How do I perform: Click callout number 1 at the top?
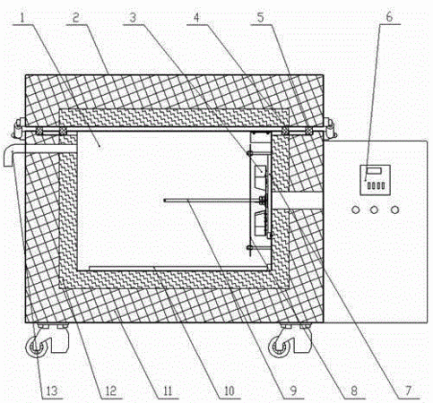pyautogui.click(x=23, y=18)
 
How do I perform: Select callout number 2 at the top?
pyautogui.click(x=75, y=18)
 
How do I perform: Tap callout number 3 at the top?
pyautogui.click(x=133, y=18)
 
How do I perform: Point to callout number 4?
pyautogui.click(x=196, y=18)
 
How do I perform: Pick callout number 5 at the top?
pyautogui.click(x=261, y=18)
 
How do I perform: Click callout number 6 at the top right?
pyautogui.click(x=389, y=17)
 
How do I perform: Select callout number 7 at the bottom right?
pyautogui.click(x=409, y=390)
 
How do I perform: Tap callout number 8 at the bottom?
pyautogui.click(x=354, y=390)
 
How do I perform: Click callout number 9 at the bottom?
pyautogui.click(x=293, y=390)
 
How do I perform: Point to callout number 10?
pyautogui.click(x=229, y=390)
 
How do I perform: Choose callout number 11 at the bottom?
pyautogui.click(x=168, y=390)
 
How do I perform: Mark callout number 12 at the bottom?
pyautogui.click(x=110, y=390)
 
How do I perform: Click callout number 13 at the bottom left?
pyautogui.click(x=52, y=390)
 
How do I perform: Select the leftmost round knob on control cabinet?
pyautogui.click(x=355, y=210)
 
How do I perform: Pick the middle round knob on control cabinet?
pyautogui.click(x=374, y=210)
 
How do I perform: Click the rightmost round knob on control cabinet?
pyautogui.click(x=394, y=210)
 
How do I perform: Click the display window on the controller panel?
pyautogui.click(x=374, y=172)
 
